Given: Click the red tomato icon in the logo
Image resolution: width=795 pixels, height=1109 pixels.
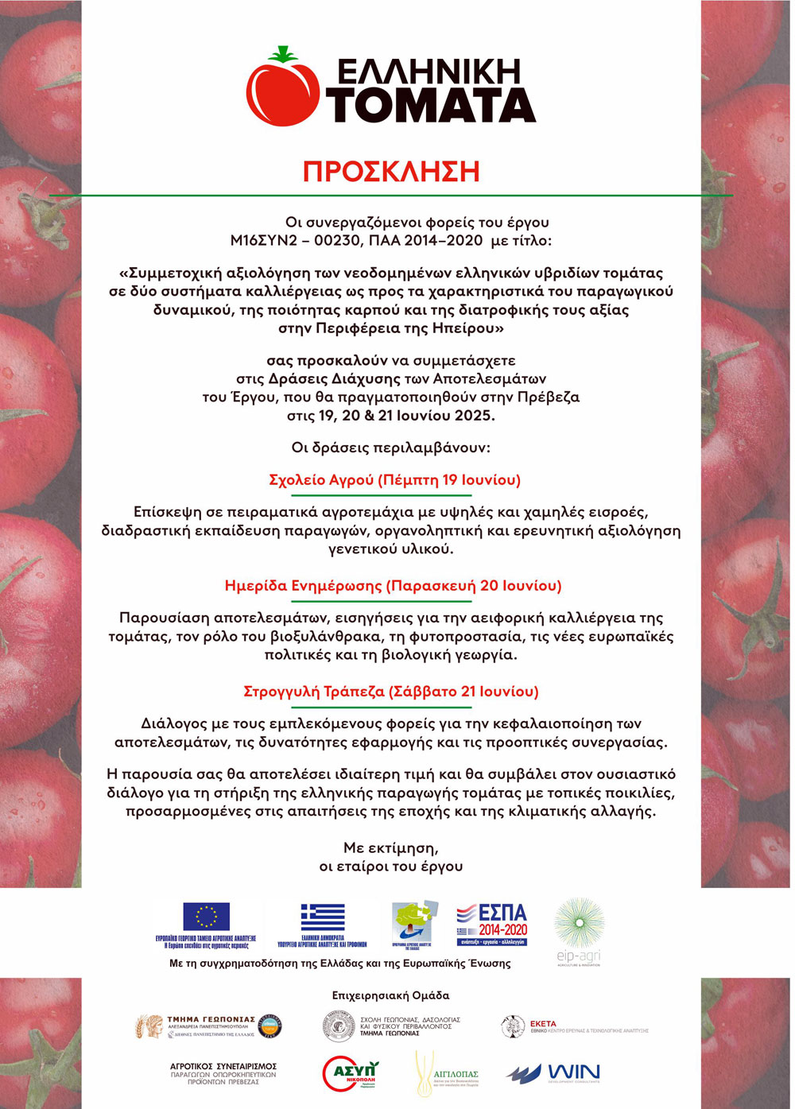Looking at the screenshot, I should click(281, 87).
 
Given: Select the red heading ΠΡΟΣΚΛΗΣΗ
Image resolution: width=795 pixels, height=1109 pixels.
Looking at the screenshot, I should click(391, 171).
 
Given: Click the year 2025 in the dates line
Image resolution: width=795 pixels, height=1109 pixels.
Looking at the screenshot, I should click(475, 416).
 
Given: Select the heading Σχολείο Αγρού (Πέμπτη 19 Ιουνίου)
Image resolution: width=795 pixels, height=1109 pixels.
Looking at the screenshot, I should click(394, 480).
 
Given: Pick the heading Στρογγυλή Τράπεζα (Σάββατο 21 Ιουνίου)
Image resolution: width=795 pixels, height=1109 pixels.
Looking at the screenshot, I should click(391, 692).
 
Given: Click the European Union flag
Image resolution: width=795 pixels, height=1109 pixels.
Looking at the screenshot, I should click(206, 917).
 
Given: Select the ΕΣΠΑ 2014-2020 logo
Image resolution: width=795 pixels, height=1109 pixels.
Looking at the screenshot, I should click(492, 924).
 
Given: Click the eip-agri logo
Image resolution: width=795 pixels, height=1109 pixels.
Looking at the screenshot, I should click(579, 930).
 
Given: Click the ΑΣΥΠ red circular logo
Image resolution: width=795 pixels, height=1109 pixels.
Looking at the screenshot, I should click(351, 1073).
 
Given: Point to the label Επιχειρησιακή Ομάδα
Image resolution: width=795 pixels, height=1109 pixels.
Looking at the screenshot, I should click(390, 995).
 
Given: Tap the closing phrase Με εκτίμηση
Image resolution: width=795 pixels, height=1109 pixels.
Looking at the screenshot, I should click(390, 847).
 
